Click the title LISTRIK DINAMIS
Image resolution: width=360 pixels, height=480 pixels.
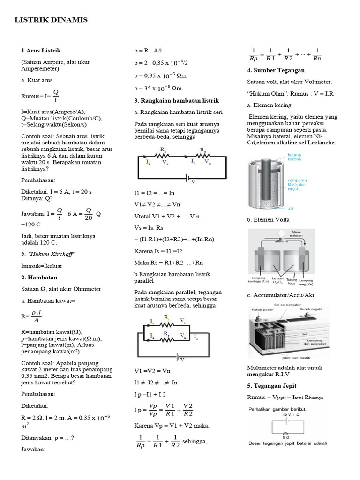click(x=51, y=20)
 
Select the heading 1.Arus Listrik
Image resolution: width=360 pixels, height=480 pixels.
click(x=41, y=50)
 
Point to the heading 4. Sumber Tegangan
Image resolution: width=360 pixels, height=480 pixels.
click(x=276, y=70)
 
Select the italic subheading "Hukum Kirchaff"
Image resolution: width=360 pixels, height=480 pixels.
click(x=48, y=254)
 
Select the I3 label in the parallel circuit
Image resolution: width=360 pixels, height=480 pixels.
click(x=196, y=337)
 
